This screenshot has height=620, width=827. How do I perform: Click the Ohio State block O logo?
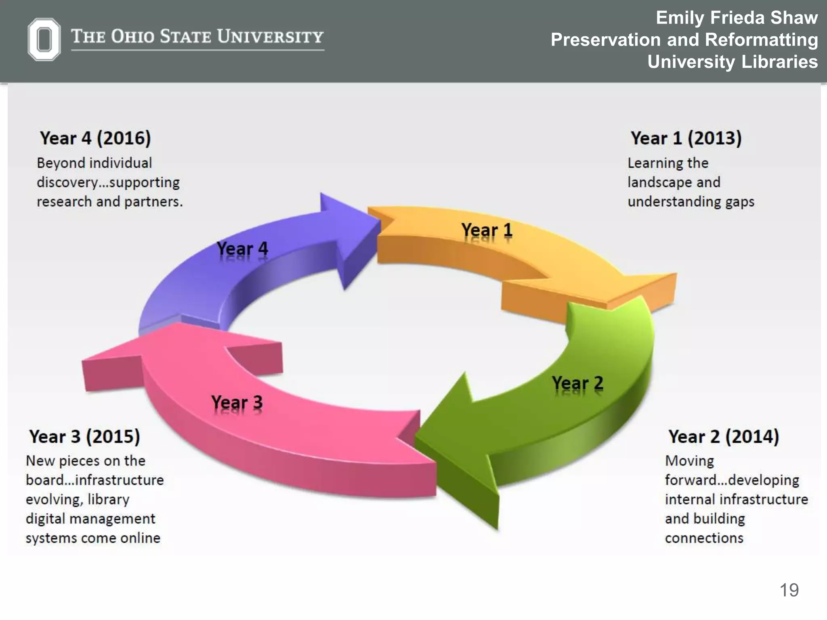click(44, 39)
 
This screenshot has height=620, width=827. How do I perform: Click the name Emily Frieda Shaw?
click(737, 18)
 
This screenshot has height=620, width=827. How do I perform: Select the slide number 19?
click(789, 590)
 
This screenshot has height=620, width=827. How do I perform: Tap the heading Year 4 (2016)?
click(95, 138)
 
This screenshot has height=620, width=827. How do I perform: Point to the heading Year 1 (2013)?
click(686, 138)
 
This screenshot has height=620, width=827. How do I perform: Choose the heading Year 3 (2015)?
click(85, 436)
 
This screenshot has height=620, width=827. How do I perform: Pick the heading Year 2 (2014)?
click(724, 436)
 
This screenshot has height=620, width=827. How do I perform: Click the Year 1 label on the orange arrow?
click(487, 230)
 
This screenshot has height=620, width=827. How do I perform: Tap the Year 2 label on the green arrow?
click(577, 383)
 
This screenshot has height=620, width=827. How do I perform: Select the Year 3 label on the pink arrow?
click(237, 402)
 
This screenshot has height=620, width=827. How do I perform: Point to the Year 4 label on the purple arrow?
click(242, 248)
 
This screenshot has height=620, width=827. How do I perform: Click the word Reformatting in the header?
click(761, 40)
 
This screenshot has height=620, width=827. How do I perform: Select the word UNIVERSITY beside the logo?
click(270, 36)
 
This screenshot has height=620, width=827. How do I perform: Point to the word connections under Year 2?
click(704, 538)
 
